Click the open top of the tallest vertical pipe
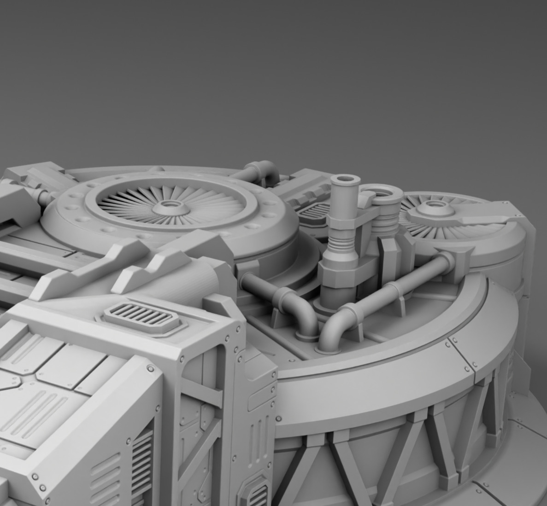(x=342, y=179)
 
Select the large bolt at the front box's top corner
(x=151, y=369)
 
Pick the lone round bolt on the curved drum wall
(x=279, y=419)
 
